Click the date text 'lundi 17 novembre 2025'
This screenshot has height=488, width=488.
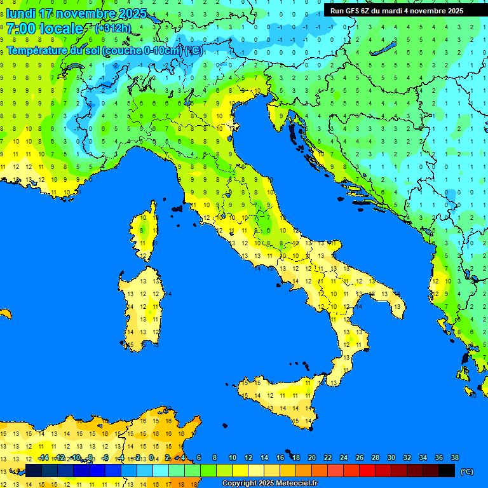[76, 13]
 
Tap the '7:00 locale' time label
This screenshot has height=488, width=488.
[44, 29]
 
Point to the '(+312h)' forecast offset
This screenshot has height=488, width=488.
[112, 29]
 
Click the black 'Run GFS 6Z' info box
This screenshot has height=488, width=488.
[396, 10]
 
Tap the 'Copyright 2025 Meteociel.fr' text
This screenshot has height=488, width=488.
[269, 484]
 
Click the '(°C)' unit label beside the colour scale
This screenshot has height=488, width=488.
[466, 471]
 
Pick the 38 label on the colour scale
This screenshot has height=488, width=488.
[454, 457]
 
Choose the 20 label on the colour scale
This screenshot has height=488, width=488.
[311, 457]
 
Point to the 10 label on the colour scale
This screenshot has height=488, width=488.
[232, 457]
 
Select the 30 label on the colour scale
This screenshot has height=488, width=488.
[391, 457]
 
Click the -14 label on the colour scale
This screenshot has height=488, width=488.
[43, 457]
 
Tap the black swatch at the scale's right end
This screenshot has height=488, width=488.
[447, 470]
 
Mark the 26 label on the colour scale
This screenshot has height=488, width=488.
[359, 457]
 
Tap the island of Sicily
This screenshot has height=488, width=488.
[280, 397]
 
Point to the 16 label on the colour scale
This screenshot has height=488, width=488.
[280, 457]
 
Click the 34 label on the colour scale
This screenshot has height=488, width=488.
[423, 457]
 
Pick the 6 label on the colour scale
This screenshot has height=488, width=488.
[199, 457]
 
